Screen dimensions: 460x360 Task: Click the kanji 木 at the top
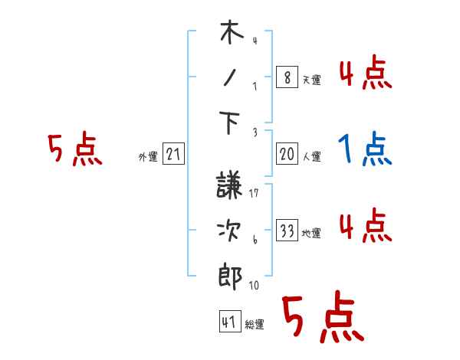231,35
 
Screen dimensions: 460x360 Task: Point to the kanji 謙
232,186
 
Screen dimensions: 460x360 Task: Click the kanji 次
232,229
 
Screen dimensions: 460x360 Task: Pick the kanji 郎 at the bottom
232,273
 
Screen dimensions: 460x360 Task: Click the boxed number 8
287,78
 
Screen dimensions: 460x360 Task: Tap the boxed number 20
287,154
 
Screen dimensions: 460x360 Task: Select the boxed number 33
287,231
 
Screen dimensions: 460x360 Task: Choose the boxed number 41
228,322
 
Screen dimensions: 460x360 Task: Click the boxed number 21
174,155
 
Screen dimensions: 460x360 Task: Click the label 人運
311,156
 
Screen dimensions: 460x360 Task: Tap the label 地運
311,233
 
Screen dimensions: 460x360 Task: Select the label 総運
254,325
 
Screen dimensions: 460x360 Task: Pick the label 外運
148,157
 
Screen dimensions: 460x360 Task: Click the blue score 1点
366,149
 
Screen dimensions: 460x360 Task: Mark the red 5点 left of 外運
74,149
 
